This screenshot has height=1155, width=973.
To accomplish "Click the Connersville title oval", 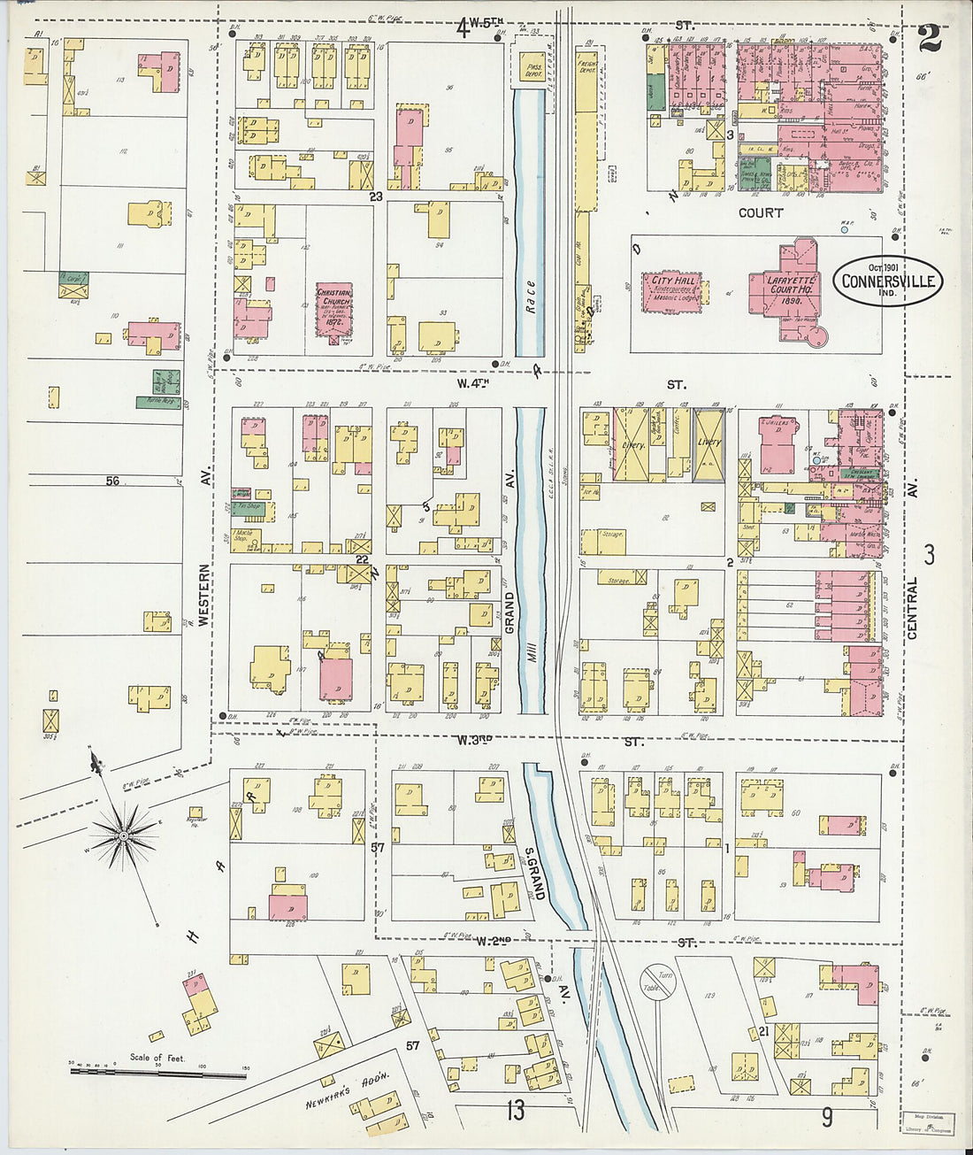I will pos(887,281).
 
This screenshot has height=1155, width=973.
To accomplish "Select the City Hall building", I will pos(674,291).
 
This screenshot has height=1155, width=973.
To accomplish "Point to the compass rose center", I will pos(124,835).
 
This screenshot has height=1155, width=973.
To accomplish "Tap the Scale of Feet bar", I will pos(159,1073).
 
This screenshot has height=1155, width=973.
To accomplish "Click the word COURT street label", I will pos(761,213).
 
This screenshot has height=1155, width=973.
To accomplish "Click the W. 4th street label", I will pos(473,384).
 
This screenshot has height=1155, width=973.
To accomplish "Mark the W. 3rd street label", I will pos(473,740).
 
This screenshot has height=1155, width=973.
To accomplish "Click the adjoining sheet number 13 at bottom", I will pos(516,1110).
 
